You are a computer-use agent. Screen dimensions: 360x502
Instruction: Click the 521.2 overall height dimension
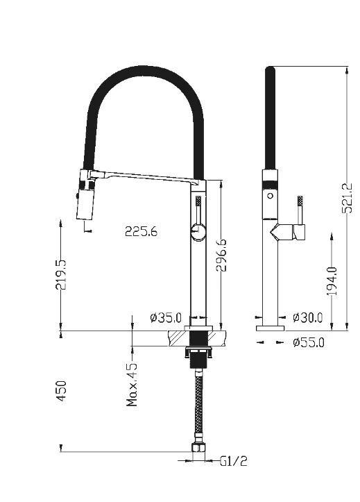[347, 198]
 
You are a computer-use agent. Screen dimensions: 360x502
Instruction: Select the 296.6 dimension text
[221, 255]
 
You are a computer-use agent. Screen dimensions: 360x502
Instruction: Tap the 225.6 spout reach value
[141, 231]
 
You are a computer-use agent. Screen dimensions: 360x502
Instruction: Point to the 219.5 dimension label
[61, 275]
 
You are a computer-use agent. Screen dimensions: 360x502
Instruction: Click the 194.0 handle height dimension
[332, 281]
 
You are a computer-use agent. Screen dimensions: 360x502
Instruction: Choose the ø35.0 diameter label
[166, 317]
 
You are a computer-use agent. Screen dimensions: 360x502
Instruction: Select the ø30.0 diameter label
[307, 317]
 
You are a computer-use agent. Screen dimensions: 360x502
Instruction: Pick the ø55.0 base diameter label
[308, 342]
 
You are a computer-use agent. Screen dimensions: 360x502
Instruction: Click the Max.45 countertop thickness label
[132, 385]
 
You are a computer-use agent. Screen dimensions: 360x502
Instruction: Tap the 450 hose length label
[61, 391]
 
